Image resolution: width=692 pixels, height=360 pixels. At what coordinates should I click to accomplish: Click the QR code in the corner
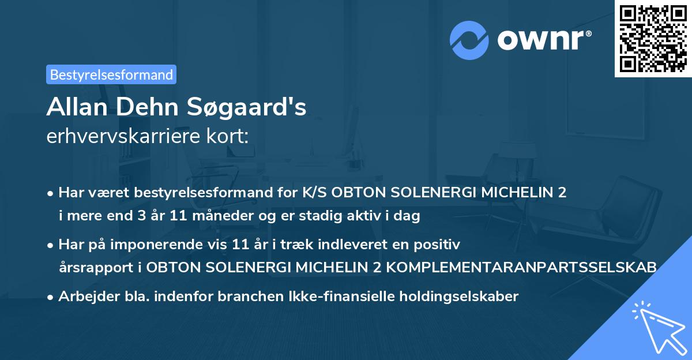(x=653, y=39)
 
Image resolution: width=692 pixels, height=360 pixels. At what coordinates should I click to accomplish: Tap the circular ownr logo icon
(x=469, y=40)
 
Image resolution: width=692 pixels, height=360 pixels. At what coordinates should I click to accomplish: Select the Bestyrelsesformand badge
(x=111, y=74)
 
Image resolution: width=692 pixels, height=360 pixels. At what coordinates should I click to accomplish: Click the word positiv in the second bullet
(x=440, y=245)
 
